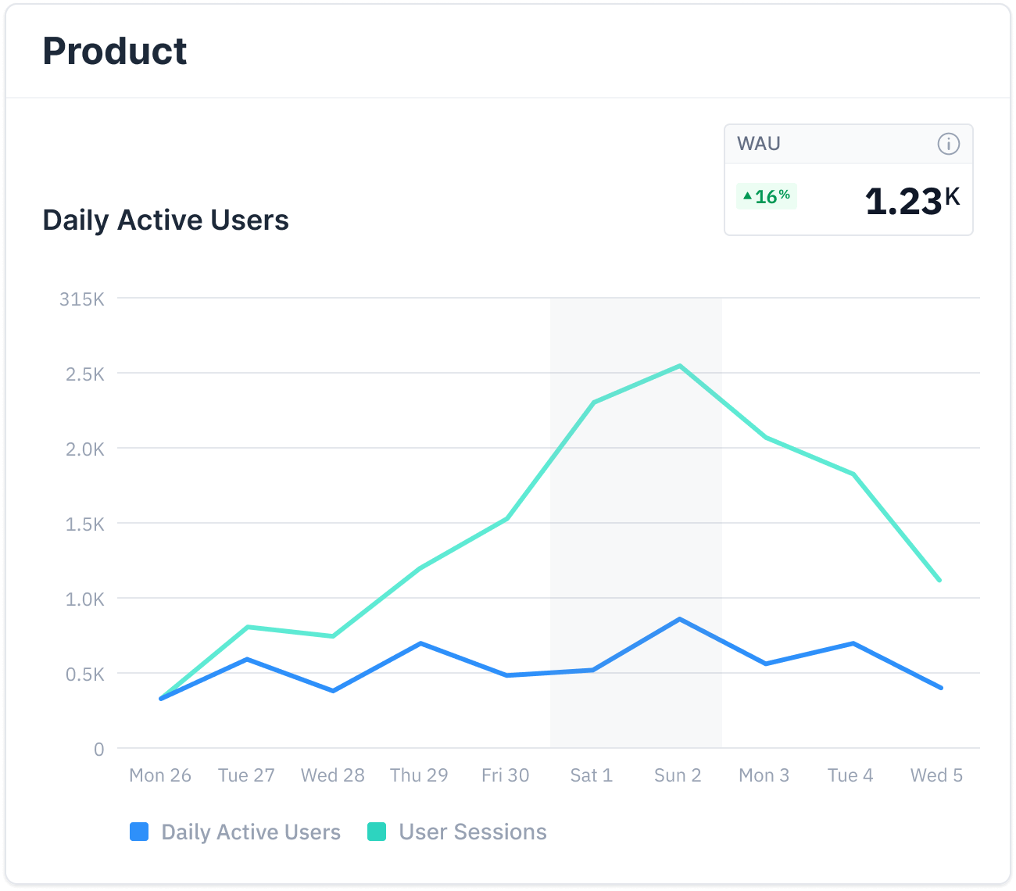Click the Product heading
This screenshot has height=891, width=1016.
[115, 52]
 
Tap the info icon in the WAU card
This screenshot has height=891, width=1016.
[948, 144]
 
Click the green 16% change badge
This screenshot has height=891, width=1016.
[767, 196]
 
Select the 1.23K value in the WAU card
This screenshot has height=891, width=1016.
[911, 200]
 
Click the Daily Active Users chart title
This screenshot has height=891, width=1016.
[166, 220]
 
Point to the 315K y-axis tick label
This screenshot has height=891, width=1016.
[82, 299]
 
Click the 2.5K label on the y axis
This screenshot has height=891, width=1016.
[85, 374]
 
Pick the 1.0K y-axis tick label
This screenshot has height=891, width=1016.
[85, 599]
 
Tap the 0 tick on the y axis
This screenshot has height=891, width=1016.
[98, 750]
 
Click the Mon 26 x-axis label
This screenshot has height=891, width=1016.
[160, 775]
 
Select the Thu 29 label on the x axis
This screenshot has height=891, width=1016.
[419, 775]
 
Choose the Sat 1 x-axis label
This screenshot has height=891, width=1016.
[592, 775]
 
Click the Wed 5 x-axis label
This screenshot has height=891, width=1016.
[936, 775]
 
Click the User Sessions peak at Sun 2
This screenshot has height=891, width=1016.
[680, 366]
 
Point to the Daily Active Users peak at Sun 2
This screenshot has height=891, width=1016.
[680, 619]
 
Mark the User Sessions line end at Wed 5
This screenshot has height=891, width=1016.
[939, 580]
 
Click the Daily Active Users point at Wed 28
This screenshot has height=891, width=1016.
[333, 691]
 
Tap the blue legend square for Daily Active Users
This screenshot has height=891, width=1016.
[139, 832]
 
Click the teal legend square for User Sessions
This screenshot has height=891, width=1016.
[377, 832]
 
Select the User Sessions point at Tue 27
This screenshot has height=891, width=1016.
[247, 627]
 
